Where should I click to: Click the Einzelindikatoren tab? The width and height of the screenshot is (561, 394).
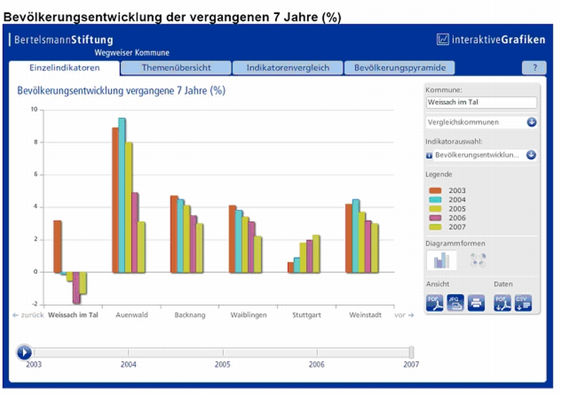(65, 68)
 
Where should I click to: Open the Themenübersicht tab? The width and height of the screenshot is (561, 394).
(176, 68)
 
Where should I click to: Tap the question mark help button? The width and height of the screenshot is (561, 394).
(534, 68)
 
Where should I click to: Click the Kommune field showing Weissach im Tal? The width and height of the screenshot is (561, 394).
(481, 103)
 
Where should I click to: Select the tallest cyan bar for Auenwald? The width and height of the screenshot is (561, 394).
(122, 195)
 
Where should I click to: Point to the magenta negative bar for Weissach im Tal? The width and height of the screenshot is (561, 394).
(76, 288)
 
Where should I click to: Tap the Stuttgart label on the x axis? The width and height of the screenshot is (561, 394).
(306, 316)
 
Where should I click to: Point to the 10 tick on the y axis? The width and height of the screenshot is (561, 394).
(34, 110)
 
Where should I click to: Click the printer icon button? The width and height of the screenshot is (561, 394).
(476, 303)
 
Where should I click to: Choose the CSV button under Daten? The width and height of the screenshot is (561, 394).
(522, 303)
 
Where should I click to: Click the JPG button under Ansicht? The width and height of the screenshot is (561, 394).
(455, 303)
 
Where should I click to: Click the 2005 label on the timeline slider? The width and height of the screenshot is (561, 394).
(222, 365)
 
